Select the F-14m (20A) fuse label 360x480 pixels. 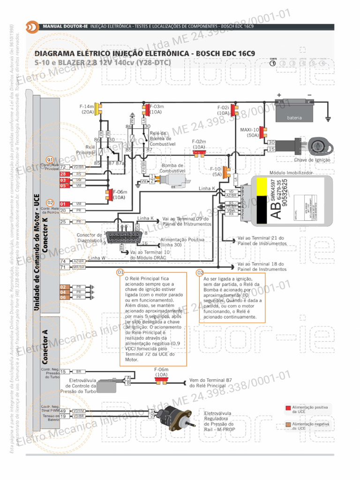pos(88,110)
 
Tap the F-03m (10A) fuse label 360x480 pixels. pos(156,110)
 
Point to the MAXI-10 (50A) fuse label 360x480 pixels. pos(250,132)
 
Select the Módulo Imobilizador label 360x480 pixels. pos(291,173)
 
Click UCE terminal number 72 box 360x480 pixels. pos(62,167)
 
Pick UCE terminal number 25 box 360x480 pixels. pos(62,222)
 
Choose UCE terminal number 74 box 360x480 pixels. pos(62,261)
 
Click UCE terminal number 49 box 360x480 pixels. pos(62,411)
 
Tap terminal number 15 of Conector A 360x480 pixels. pos(62,372)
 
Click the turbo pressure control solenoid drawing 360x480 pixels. pos(109,385)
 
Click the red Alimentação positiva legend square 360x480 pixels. pos(288,408)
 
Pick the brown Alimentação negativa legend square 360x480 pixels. pos(288,425)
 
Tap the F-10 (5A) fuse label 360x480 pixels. pos(215,171)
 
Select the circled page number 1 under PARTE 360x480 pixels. pos(273,64)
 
